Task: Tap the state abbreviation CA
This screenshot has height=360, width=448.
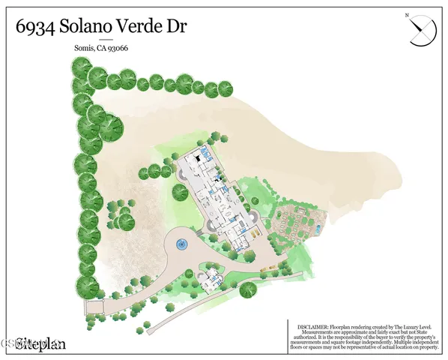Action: pyautogui.click(x=102, y=50)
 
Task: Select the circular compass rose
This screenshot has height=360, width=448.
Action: pyautogui.click(x=422, y=32)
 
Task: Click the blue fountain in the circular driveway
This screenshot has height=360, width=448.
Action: pyautogui.click(x=181, y=244)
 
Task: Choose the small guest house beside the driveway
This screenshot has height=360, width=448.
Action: pyautogui.click(x=211, y=277)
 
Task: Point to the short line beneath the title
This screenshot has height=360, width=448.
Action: pyautogui.click(x=106, y=40)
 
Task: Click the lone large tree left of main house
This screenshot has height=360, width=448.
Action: pyautogui.click(x=180, y=192)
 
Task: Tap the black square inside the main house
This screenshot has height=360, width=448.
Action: pyautogui.click(x=197, y=159)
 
